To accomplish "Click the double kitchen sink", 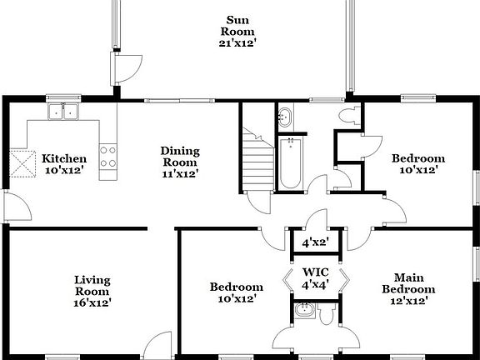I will click(x=62, y=111).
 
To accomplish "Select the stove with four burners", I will click(x=108, y=157).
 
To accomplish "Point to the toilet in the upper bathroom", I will click(x=348, y=117).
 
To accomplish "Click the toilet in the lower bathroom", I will click(x=326, y=314).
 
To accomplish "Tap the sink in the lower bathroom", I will click(x=302, y=312).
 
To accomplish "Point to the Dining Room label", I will click(x=180, y=157).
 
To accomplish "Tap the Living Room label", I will click(x=92, y=286).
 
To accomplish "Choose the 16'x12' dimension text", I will click(x=92, y=302).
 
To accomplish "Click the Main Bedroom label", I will click(x=406, y=283).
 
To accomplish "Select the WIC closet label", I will click(x=315, y=272).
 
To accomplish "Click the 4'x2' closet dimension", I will click(x=315, y=243).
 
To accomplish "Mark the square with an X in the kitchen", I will click(x=22, y=162).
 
